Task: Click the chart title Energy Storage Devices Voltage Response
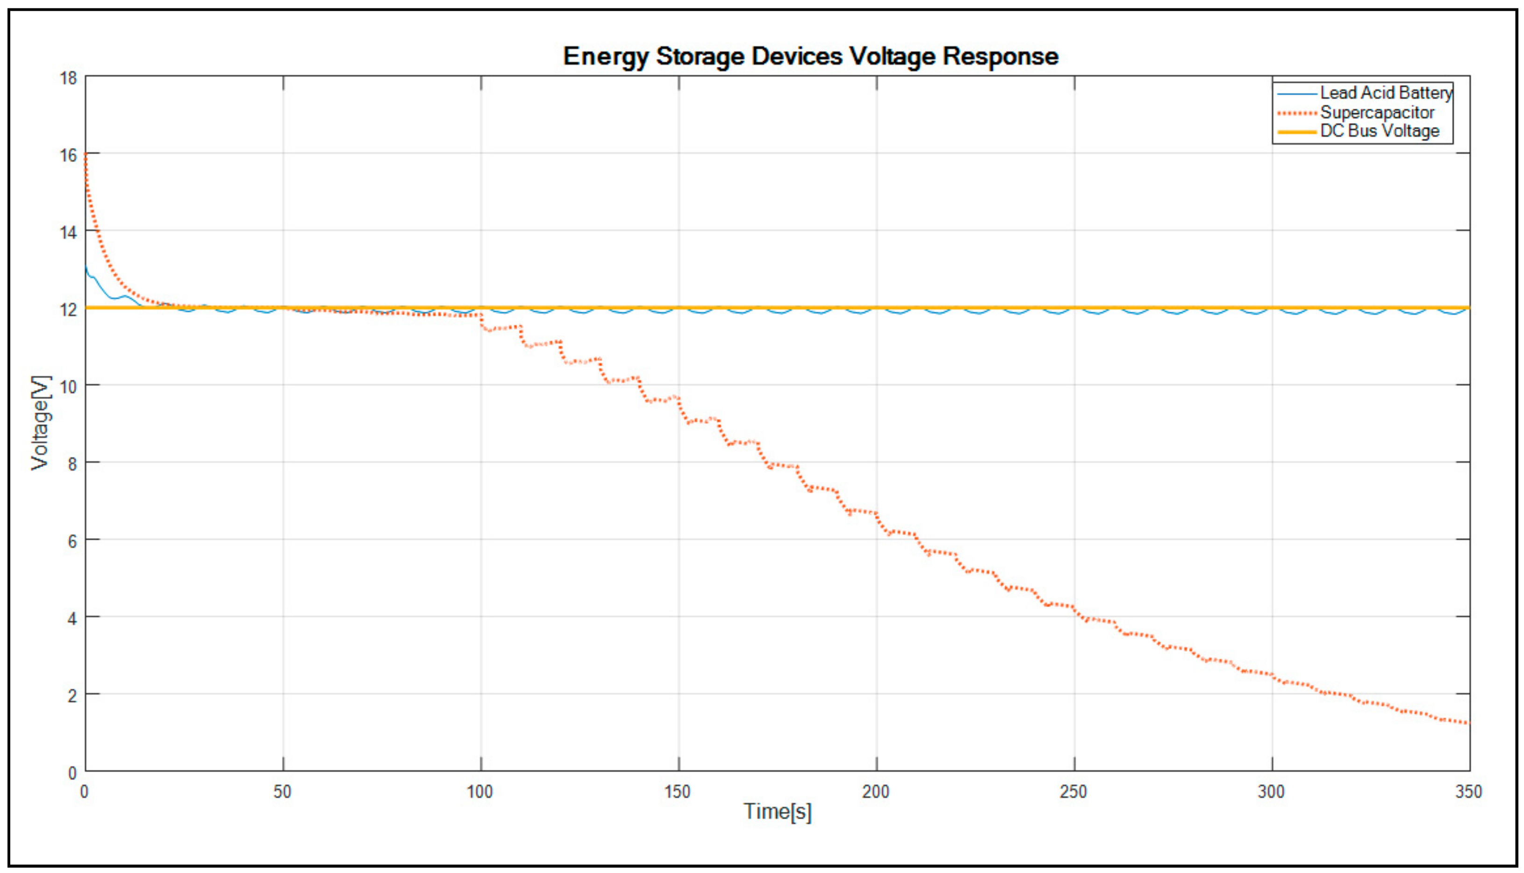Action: point(810,57)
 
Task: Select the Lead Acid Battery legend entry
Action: point(1386,93)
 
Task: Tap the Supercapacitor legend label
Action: point(1377,112)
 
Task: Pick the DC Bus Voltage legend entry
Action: point(1380,131)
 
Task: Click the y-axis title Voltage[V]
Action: point(41,423)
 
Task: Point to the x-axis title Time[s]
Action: point(777,811)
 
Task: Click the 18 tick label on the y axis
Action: point(68,78)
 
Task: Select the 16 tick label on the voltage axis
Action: point(68,155)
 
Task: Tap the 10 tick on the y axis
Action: point(68,387)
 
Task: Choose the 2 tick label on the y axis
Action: point(72,696)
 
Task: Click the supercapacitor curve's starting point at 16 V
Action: point(86,155)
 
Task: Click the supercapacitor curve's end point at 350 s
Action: point(1468,723)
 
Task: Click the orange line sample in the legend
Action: point(1297,131)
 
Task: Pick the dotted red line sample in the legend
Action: point(1297,113)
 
